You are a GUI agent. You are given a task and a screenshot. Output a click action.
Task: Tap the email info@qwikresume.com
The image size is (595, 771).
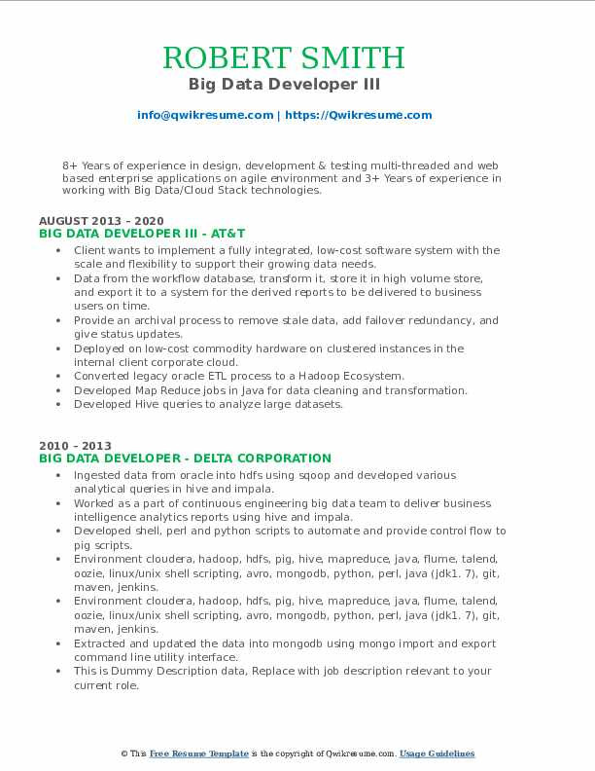pyautogui.click(x=205, y=115)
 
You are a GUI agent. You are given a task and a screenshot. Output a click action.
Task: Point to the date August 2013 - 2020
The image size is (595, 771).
pyautogui.click(x=102, y=221)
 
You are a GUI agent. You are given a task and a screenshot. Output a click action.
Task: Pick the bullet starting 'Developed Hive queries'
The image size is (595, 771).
pyautogui.click(x=208, y=404)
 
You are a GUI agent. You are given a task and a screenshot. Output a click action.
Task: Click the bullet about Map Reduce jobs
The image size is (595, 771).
pyautogui.click(x=270, y=390)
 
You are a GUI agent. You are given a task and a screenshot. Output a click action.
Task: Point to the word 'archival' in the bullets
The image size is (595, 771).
pyautogui.click(x=145, y=320)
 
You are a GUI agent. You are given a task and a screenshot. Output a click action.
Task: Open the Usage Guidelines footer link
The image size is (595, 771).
pyautogui.click(x=437, y=754)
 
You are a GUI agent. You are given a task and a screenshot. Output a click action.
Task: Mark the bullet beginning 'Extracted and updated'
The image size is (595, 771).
pyautogui.click(x=285, y=643)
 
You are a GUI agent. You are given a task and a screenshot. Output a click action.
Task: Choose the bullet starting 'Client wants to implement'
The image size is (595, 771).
pyautogui.click(x=287, y=250)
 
